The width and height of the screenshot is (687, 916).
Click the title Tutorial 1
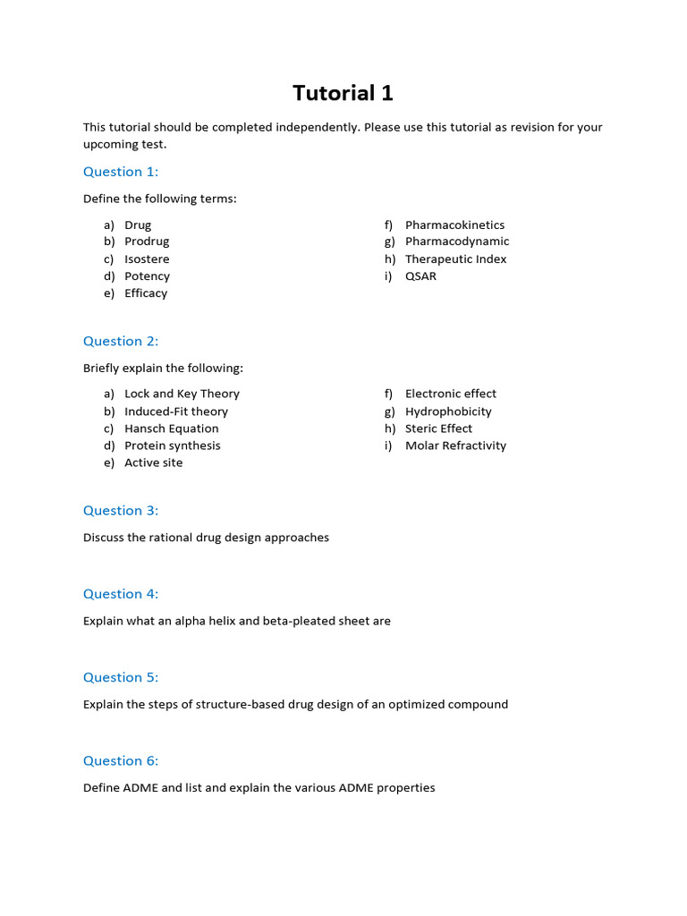[343, 93]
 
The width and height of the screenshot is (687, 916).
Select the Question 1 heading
[121, 172]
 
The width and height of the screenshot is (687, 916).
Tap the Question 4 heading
[121, 594]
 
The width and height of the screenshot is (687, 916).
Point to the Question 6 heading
[121, 761]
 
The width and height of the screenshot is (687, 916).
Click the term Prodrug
[147, 242]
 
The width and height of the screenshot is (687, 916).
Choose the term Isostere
[147, 259]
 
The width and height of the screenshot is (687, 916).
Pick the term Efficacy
[146, 293]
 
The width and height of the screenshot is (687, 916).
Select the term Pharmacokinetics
[454, 225]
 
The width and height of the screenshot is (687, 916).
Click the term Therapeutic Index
[455, 259]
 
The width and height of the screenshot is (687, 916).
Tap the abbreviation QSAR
[420, 276]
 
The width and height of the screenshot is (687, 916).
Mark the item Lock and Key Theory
[182, 394]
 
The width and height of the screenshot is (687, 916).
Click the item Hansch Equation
[171, 428]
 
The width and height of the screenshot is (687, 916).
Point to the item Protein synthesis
[172, 445]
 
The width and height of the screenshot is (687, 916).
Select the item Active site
[153, 463]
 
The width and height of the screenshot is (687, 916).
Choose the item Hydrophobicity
[448, 411]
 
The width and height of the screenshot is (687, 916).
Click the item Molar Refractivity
[455, 445]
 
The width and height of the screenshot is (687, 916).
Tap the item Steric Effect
[438, 428]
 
